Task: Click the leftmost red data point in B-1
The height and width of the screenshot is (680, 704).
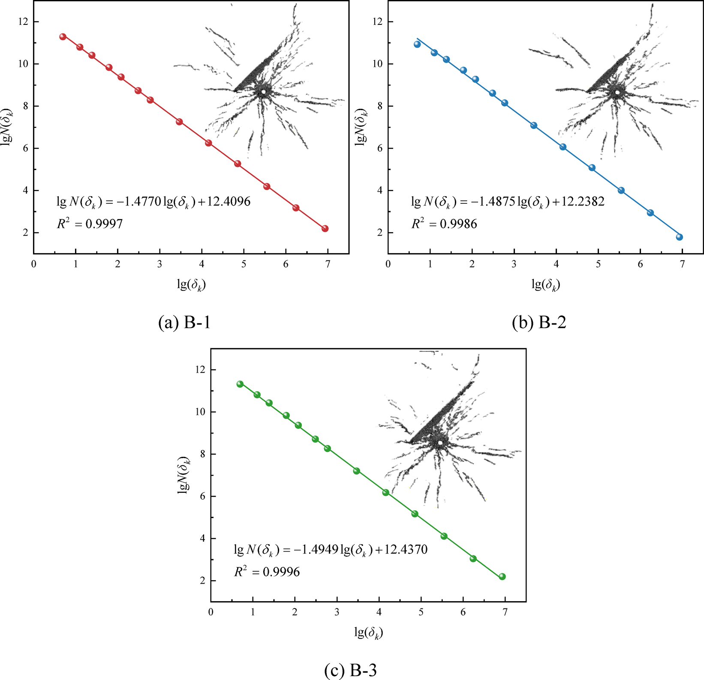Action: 63,36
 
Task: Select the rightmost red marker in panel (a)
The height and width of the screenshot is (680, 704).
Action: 325,229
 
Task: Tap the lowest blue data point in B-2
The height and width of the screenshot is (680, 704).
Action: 679,237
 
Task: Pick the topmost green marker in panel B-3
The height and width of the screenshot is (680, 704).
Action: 240,384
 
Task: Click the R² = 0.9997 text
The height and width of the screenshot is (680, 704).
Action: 90,223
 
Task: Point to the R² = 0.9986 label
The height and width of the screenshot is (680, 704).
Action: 444,223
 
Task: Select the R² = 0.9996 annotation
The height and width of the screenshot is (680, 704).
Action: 267,571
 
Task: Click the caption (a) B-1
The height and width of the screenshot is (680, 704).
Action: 184,322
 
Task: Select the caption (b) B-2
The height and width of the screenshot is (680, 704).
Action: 539,322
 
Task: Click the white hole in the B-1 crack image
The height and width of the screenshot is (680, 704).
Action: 263,92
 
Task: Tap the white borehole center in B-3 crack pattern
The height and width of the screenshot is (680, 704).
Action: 440,442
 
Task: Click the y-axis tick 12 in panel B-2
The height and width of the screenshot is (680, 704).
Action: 377,22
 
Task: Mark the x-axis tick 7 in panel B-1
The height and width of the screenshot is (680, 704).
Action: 328,264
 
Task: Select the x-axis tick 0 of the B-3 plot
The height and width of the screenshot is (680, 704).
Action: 211,612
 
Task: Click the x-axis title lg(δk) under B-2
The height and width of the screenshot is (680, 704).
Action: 545,284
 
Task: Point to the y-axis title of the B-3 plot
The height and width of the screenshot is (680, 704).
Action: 184,475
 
